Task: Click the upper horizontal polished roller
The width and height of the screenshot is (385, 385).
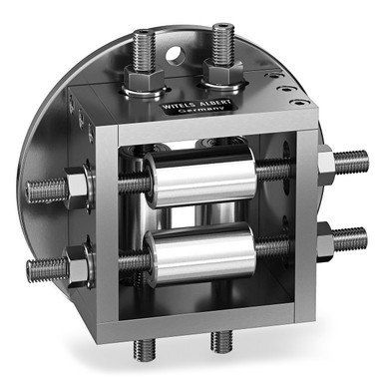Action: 200,179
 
